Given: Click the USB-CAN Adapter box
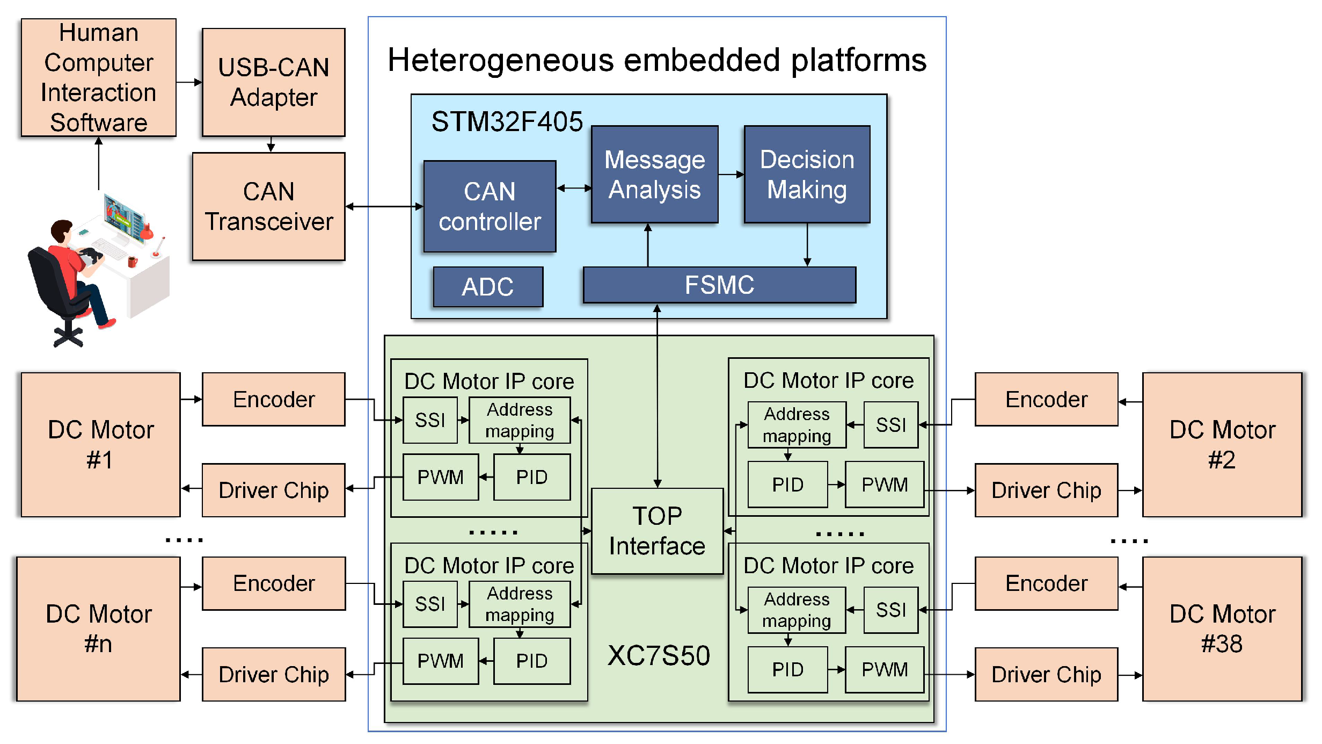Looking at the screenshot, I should tap(274, 82).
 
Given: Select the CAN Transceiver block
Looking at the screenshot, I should tap(269, 207).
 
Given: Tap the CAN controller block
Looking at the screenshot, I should tap(490, 207).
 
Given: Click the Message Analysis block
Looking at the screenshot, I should tap(654, 175).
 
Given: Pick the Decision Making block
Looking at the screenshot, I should tap(807, 175).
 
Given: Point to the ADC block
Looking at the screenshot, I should tap(488, 287).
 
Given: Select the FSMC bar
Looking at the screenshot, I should tap(719, 285).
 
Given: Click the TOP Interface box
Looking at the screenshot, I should tap(657, 531).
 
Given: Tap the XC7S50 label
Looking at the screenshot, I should tap(659, 656).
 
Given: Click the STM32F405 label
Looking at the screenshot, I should tap(507, 121).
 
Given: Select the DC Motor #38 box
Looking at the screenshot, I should tap(1222, 629).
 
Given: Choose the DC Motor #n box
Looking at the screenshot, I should tap(99, 629).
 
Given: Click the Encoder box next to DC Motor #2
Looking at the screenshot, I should tap(1046, 400).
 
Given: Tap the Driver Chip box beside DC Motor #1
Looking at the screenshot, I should tap(274, 490).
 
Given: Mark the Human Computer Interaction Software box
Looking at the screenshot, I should tap(99, 78).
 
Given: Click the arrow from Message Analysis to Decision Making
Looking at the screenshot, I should tap(731, 175).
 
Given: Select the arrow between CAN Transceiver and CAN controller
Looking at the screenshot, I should tap(384, 207).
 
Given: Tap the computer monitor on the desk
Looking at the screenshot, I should tap(125, 218).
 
